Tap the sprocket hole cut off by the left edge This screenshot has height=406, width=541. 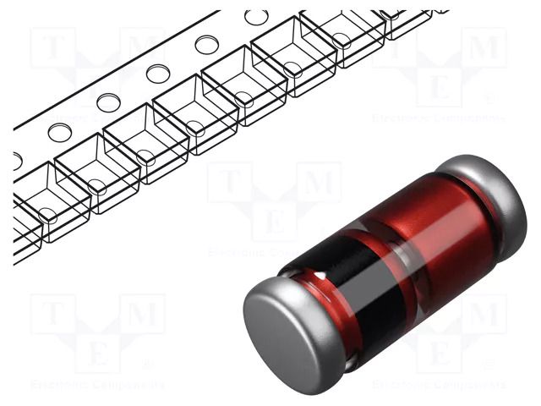(17, 160)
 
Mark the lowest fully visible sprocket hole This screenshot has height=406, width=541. (59, 132)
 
